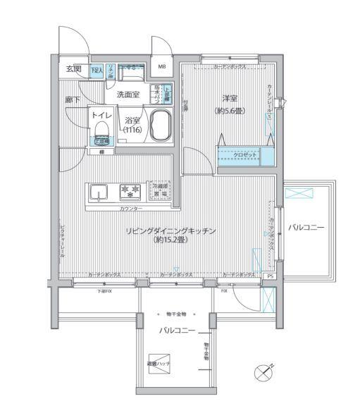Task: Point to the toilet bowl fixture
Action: pyautogui.click(x=101, y=129)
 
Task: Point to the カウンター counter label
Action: pyautogui.click(x=130, y=209)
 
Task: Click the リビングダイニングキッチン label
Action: pyautogui.click(x=170, y=230)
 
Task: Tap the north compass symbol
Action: pyautogui.click(x=263, y=371)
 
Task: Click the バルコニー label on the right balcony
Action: pyautogui.click(x=306, y=227)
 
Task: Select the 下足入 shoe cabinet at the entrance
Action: pyautogui.click(x=97, y=70)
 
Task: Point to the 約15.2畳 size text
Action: pyautogui.click(x=170, y=240)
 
